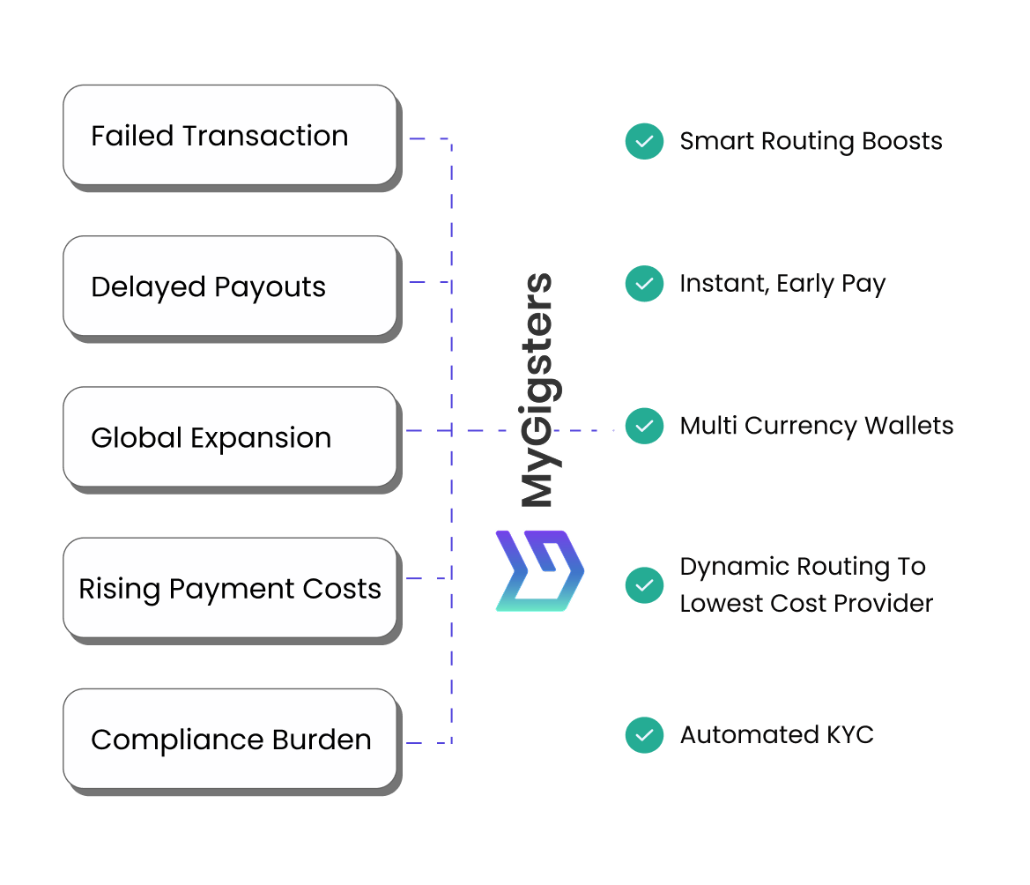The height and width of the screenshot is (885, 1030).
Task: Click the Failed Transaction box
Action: [x=230, y=135]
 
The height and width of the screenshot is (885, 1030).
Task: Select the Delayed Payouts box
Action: [x=230, y=286]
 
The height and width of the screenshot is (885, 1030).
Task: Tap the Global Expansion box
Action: [x=230, y=437]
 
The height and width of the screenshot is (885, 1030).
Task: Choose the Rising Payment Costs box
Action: [x=230, y=588]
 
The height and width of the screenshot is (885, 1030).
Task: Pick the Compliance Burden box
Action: [x=230, y=739]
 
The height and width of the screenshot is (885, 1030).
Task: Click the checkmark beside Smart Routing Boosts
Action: [x=644, y=141]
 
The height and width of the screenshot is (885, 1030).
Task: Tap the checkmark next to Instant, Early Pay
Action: [x=644, y=284]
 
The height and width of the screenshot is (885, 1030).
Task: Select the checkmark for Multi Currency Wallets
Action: [x=644, y=427]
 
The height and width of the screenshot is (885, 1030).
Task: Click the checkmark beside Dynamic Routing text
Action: [x=644, y=584]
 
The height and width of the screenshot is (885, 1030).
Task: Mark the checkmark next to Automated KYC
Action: [x=644, y=735]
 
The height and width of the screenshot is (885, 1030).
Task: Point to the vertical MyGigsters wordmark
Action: [x=537, y=390]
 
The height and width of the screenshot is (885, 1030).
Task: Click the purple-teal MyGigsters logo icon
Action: [x=539, y=571]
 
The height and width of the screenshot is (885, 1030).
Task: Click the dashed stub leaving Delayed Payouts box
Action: [x=429, y=282]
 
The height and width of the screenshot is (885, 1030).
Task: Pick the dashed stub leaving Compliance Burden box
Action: [x=429, y=743]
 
